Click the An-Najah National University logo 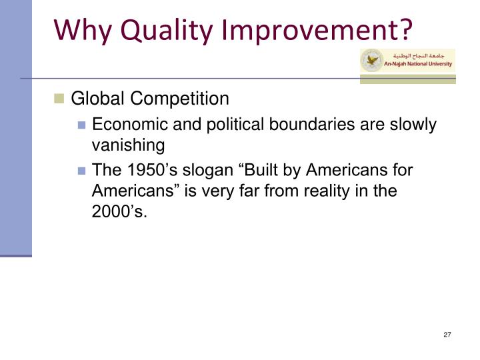click(406, 61)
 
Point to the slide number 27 click(447, 334)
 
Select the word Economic click(125, 125)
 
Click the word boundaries click(295, 125)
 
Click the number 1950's click(145, 171)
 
